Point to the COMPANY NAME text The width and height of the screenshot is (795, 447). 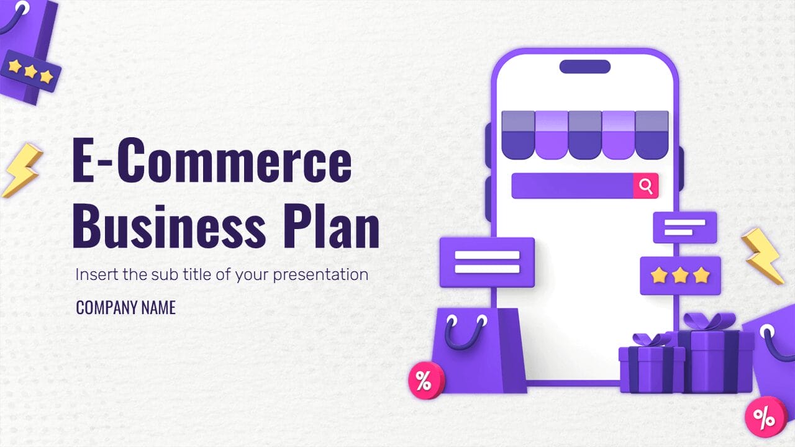125,307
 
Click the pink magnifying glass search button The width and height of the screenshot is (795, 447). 646,186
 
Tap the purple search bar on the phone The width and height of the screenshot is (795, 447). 571,186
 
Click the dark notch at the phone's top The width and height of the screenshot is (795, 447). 584,66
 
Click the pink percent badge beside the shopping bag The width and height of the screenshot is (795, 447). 426,380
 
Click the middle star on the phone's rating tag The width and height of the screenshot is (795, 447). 680,275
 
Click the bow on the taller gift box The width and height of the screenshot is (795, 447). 709,322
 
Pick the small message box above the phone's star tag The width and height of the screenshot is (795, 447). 684,227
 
